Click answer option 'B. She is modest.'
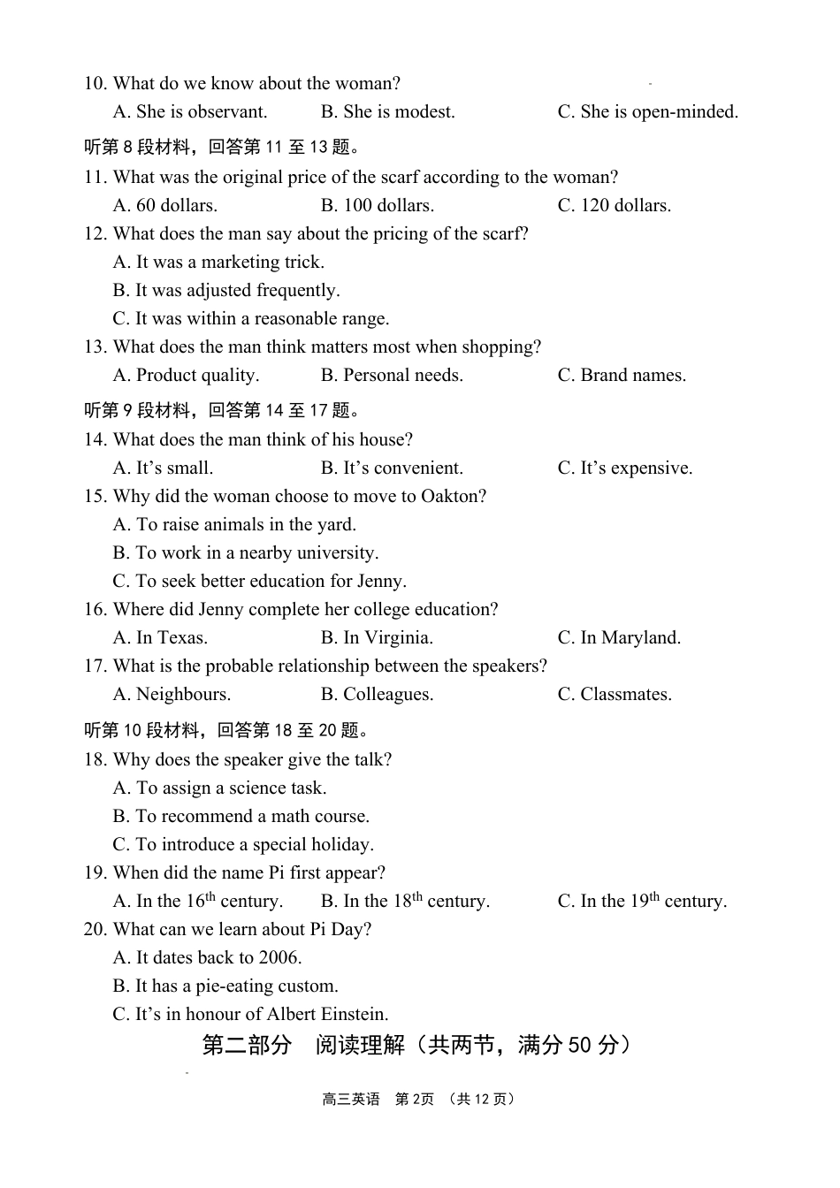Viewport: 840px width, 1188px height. pos(387,112)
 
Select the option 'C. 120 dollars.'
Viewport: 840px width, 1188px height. pos(614,206)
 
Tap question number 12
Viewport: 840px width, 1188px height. pos(95,234)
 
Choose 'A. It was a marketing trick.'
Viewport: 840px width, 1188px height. pos(218,263)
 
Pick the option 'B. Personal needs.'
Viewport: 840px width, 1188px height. pos(392,376)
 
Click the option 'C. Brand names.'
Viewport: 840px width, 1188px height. pos(622,376)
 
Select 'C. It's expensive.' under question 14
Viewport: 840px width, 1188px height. pos(624,468)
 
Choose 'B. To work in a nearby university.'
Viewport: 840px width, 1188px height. pos(245,553)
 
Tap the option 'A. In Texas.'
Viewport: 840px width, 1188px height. pos(160,638)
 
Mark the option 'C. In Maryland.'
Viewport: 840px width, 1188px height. pos(619,638)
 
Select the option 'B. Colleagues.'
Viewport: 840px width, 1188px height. pos(377,695)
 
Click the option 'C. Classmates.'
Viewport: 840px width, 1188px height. pos(615,695)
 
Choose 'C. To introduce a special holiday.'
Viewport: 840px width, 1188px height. pos(243,845)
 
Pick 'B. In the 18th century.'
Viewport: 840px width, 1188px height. pos(405,902)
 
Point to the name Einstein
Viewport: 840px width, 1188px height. pos(354,1015)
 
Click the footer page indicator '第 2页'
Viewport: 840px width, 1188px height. pos(414,1100)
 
